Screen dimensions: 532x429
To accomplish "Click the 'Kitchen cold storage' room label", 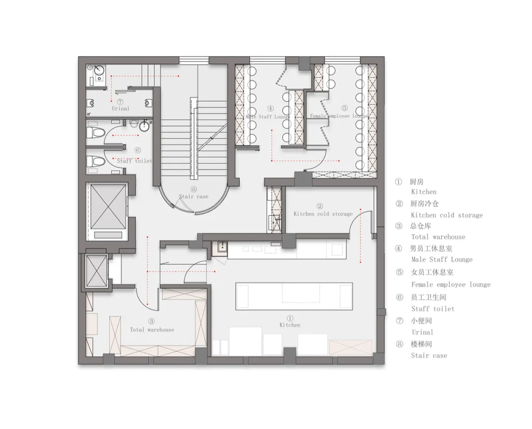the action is (323, 214).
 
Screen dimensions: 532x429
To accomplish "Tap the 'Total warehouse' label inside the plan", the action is (152, 329).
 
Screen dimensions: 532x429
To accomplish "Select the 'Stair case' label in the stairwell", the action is (194, 196).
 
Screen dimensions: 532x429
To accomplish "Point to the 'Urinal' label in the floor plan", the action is (121, 108).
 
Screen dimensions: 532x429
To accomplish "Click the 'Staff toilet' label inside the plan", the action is (134, 160).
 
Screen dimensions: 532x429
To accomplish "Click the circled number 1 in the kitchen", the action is (290, 318).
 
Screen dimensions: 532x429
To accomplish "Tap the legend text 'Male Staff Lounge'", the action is (442, 260).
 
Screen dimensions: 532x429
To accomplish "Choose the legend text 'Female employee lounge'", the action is (451, 284).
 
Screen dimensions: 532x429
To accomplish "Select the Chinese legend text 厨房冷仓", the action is (425, 204).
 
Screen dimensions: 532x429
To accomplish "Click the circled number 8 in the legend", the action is (399, 344).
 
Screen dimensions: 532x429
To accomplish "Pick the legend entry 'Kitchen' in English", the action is (424, 192).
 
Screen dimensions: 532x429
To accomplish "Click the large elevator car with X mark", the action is (108, 207).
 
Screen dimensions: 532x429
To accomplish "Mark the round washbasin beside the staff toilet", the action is (144, 126).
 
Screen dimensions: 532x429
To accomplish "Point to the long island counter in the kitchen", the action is (294, 296).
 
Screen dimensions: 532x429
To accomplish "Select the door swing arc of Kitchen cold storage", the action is (358, 221).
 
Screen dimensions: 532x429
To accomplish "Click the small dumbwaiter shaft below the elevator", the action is (97, 271).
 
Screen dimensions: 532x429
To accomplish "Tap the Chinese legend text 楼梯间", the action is (421, 344).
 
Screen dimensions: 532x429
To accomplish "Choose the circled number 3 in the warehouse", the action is (151, 321).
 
